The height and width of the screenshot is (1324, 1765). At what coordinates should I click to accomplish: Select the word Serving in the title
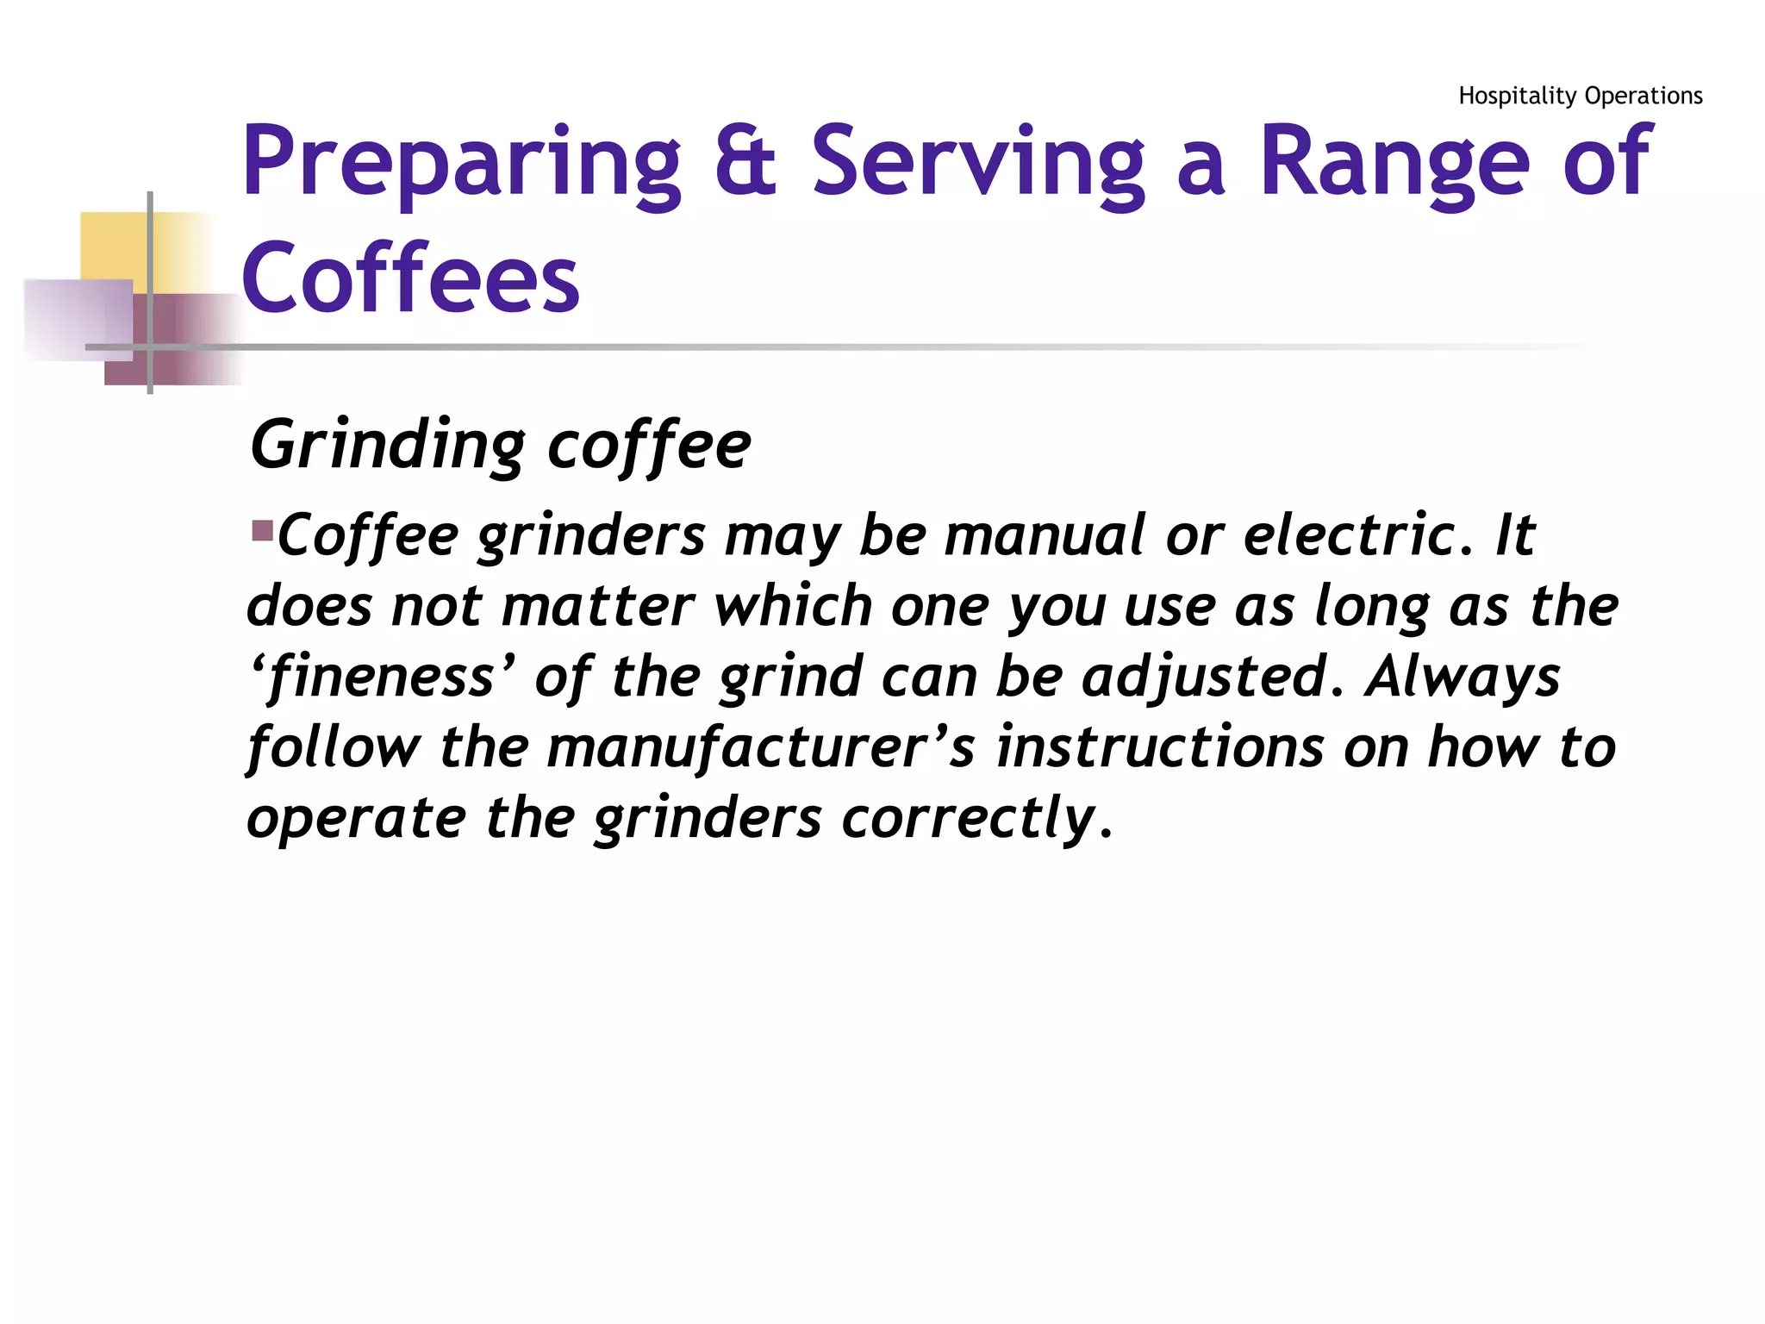click(x=977, y=164)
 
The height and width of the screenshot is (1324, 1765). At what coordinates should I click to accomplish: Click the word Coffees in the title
click(x=410, y=278)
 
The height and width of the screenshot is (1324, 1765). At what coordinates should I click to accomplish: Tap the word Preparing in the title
click(x=462, y=164)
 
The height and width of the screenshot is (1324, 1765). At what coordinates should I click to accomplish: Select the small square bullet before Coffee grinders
click(x=262, y=529)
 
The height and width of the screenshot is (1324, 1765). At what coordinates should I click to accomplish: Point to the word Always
click(x=1462, y=678)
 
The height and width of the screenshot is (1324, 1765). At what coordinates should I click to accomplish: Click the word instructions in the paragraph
click(x=1160, y=747)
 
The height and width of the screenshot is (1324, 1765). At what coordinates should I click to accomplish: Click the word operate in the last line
click(x=356, y=819)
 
